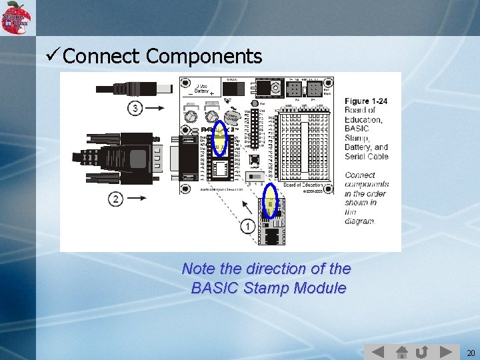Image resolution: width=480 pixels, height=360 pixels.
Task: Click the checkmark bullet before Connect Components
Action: (52, 56)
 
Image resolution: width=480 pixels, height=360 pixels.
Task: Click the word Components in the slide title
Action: (204, 57)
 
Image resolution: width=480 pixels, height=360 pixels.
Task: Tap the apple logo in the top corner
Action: (16, 17)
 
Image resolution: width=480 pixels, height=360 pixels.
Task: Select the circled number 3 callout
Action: (136, 108)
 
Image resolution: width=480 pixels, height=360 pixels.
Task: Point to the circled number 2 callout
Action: (116, 199)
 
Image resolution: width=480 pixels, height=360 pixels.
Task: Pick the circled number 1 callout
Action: (247, 227)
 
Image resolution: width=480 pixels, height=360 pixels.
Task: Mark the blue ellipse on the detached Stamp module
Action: (271, 201)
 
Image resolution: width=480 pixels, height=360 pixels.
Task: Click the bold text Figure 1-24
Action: (365, 101)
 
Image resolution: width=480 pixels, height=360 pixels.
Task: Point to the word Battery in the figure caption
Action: (359, 147)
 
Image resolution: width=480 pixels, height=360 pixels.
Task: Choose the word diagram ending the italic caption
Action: (361, 221)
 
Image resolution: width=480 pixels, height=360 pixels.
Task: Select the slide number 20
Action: (471, 353)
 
